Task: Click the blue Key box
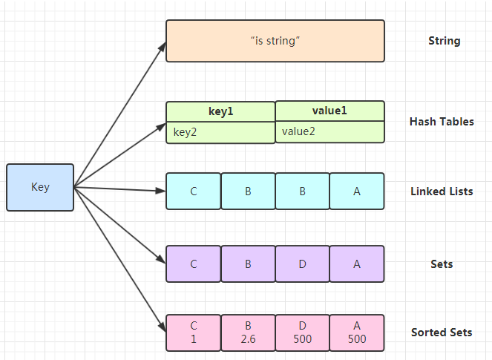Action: coord(40,187)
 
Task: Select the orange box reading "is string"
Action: coord(275,41)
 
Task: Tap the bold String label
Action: coord(444,41)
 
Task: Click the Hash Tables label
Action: coord(442,122)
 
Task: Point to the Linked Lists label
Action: coord(442,192)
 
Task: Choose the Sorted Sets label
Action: coord(441,333)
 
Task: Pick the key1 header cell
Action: coord(220,111)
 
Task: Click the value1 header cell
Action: coord(330,111)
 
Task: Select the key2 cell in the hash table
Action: coord(220,132)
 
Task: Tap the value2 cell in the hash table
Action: coord(330,131)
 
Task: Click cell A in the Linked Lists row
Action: coord(357,192)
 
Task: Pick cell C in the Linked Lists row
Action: coord(194,192)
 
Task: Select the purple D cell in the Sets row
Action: coord(303,264)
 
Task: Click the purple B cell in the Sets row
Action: coord(248,264)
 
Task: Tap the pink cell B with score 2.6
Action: coord(248,333)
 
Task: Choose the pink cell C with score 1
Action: coord(194,333)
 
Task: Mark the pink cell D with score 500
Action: coord(303,333)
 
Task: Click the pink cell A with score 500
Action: coord(357,333)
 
